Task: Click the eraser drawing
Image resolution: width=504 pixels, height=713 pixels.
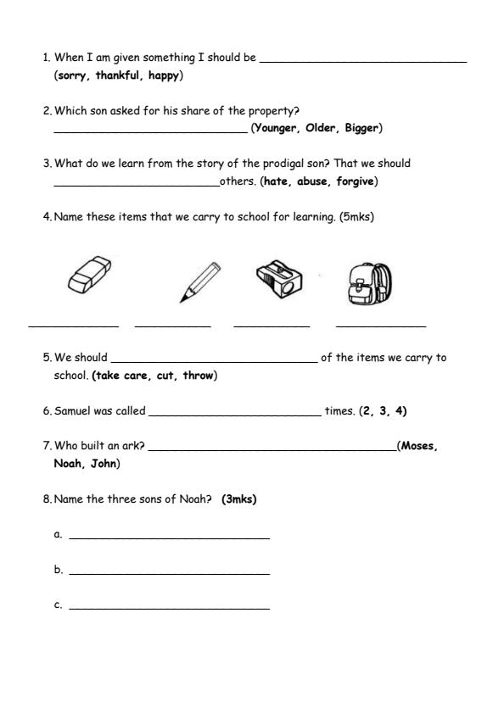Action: (87, 276)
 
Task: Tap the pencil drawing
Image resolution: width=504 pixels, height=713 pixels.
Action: (200, 281)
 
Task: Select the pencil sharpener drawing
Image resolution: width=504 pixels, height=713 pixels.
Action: (278, 279)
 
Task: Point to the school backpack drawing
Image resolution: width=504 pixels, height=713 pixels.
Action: (369, 282)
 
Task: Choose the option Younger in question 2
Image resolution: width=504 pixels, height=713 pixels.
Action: (276, 128)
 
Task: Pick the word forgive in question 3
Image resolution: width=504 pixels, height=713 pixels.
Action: (356, 181)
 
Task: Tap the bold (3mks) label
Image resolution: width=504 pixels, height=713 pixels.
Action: (238, 499)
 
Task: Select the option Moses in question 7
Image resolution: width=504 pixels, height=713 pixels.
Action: (419, 447)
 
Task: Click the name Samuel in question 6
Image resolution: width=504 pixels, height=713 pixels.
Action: (74, 411)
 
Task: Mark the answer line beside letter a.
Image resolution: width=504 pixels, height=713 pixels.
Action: (169, 538)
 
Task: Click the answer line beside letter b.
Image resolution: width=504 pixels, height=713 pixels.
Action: (169, 574)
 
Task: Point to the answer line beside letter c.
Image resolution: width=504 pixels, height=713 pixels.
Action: (169, 609)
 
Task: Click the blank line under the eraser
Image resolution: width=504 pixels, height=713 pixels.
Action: (73, 326)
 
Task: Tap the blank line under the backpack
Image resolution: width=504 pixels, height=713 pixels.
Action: (380, 326)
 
